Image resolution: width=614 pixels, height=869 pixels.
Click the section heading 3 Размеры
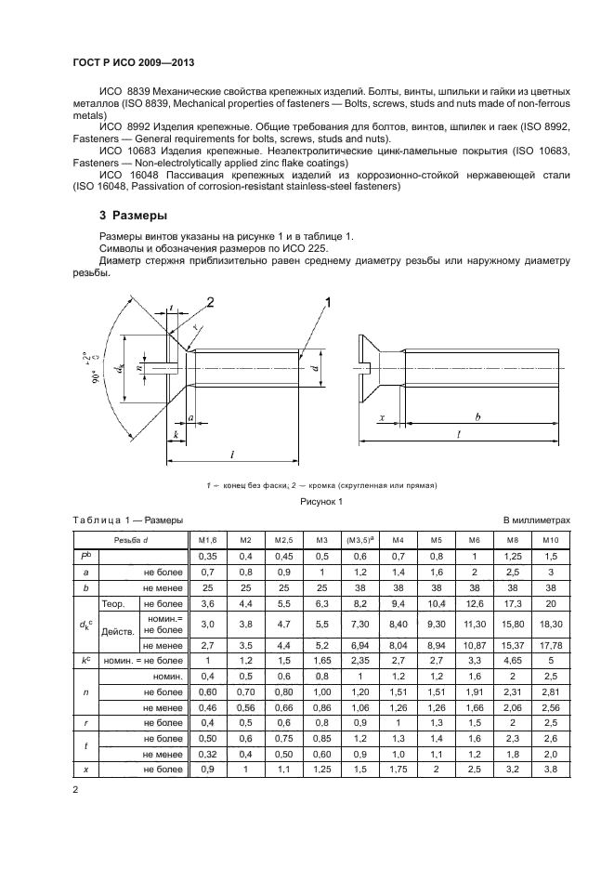(134, 216)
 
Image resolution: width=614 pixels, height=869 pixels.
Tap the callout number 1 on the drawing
(328, 302)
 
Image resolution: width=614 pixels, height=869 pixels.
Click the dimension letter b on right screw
(477, 418)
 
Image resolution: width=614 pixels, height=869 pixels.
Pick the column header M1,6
(207, 540)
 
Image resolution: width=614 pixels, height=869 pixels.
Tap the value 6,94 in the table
(359, 643)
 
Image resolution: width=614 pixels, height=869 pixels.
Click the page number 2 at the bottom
(75, 790)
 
